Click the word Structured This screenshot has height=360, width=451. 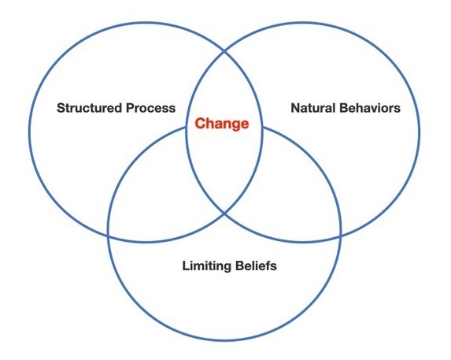[x=90, y=108]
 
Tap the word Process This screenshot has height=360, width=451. [x=150, y=108]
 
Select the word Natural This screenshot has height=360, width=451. [x=313, y=108]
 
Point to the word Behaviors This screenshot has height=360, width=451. [x=370, y=108]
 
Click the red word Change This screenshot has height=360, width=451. [x=222, y=124]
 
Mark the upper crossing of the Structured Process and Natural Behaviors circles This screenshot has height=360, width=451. [x=224, y=52]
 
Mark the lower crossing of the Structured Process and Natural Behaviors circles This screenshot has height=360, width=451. [x=224, y=213]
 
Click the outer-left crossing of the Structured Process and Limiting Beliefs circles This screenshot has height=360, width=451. [x=108, y=236]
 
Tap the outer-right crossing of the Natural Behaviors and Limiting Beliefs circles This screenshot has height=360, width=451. [x=341, y=236]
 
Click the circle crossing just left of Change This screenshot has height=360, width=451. [x=187, y=127]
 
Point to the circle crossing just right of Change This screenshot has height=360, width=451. [x=262, y=127]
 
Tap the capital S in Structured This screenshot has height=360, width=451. [x=61, y=108]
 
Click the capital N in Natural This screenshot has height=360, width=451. [x=295, y=108]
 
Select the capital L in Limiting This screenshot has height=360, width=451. [x=186, y=265]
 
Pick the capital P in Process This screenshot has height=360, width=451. [x=130, y=108]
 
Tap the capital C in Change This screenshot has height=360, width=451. [x=200, y=124]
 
